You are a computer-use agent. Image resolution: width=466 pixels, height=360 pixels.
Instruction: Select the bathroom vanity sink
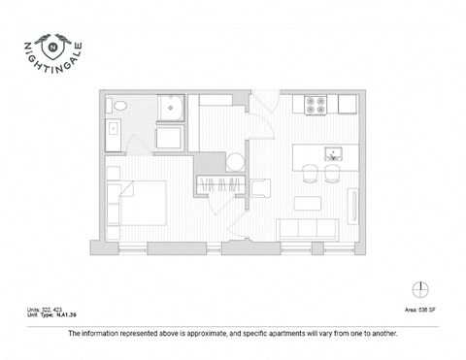point(113,128)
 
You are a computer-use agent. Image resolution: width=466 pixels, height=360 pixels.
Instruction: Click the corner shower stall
point(172,106)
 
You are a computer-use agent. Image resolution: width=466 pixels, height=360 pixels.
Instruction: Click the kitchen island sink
point(331,153)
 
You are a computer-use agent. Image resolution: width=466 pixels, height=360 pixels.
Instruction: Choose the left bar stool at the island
point(311,174)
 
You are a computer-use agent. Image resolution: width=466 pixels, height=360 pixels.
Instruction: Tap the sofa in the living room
point(307,230)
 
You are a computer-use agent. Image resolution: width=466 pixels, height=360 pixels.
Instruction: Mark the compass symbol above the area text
point(419,288)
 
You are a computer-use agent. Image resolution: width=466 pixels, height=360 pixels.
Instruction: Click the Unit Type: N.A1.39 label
point(52,314)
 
